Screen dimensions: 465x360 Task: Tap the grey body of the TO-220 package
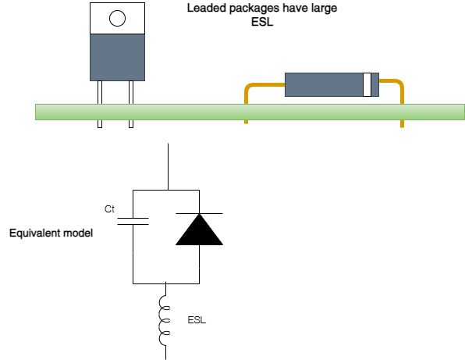tap(118, 57)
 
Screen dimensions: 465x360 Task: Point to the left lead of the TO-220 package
tap(100, 104)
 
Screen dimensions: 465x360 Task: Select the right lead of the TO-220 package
tap(131, 104)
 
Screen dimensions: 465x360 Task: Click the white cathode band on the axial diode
tap(367, 84)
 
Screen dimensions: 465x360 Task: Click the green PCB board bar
tap(250, 112)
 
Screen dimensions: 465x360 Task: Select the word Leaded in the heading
tap(207, 8)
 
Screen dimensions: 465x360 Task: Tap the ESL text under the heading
tap(262, 22)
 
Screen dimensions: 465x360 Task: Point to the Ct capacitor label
tap(109, 209)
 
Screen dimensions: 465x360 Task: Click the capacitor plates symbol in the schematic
tap(133, 222)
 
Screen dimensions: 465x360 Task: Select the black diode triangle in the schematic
tap(199, 230)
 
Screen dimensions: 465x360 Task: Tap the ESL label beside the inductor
tap(197, 320)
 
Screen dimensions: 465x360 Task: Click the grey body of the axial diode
tap(324, 84)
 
